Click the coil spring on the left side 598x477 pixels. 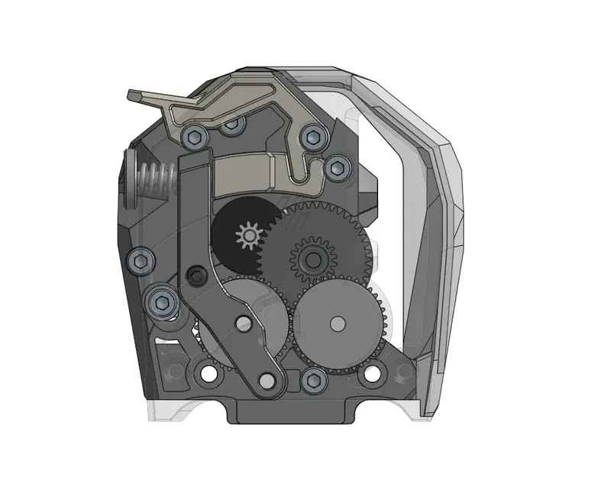coord(157,182)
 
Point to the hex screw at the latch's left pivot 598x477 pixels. coord(195,137)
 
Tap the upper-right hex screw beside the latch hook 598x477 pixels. coord(312,137)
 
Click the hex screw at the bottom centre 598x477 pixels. coord(312,377)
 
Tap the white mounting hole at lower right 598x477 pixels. coord(372,374)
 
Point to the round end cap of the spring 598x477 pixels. coord(130,182)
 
